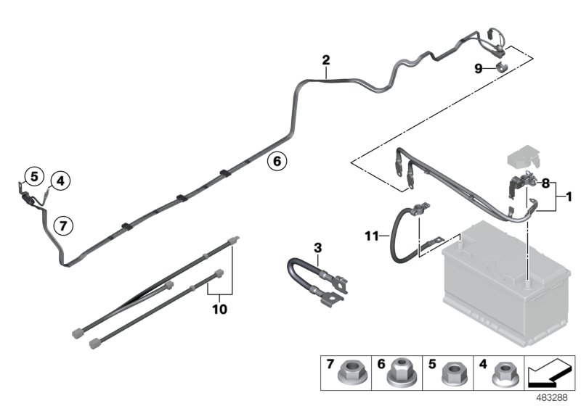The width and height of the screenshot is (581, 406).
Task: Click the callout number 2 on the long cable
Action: click(x=326, y=59)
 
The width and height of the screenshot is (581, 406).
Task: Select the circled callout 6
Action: click(x=276, y=161)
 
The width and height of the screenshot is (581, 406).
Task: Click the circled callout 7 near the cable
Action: click(x=63, y=225)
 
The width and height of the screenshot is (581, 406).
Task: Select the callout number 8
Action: click(x=545, y=184)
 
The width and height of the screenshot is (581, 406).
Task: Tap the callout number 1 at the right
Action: click(x=569, y=197)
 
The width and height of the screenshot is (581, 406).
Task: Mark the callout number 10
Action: click(x=219, y=309)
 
